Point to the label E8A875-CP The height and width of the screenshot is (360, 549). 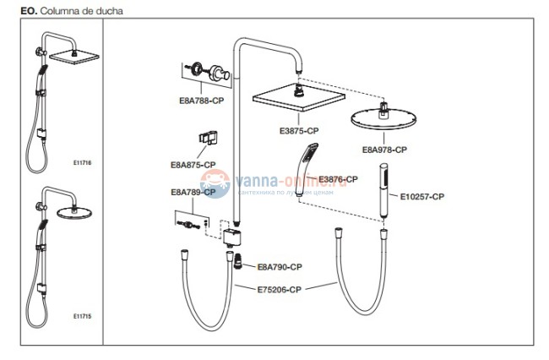click(x=193, y=164)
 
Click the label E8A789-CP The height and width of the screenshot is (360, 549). click(x=193, y=192)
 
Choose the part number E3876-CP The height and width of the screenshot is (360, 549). click(x=338, y=179)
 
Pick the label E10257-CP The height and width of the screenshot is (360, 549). click(x=421, y=197)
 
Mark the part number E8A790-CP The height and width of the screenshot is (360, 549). click(x=280, y=266)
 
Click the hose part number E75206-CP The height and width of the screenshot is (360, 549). click(x=279, y=289)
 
